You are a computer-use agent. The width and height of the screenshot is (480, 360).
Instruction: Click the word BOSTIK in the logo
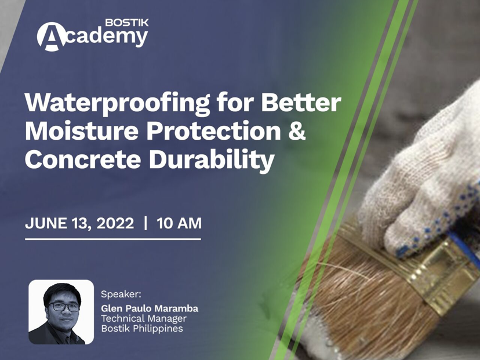tap(127, 23)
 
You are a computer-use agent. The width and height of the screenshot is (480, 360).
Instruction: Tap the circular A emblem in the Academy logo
tap(52, 37)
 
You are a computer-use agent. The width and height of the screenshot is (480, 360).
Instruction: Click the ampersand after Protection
tap(296, 130)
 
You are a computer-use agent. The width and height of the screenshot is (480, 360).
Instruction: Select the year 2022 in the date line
tap(115, 223)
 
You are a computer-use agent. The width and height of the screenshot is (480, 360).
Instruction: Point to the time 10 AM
tap(179, 223)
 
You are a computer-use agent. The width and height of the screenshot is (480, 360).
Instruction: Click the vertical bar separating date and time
tap(146, 223)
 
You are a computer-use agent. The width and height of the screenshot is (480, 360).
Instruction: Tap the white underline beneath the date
tap(113, 239)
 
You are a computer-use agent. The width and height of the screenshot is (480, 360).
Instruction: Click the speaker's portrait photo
tap(61, 312)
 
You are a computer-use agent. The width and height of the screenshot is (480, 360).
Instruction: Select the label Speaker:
tap(121, 294)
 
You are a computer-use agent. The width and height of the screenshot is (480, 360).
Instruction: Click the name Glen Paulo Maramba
tap(150, 308)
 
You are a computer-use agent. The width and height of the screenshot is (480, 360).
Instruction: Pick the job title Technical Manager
tap(144, 318)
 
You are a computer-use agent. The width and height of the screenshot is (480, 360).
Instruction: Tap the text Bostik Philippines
tap(142, 329)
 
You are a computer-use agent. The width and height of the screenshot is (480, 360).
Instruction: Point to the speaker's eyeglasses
tap(64, 307)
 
